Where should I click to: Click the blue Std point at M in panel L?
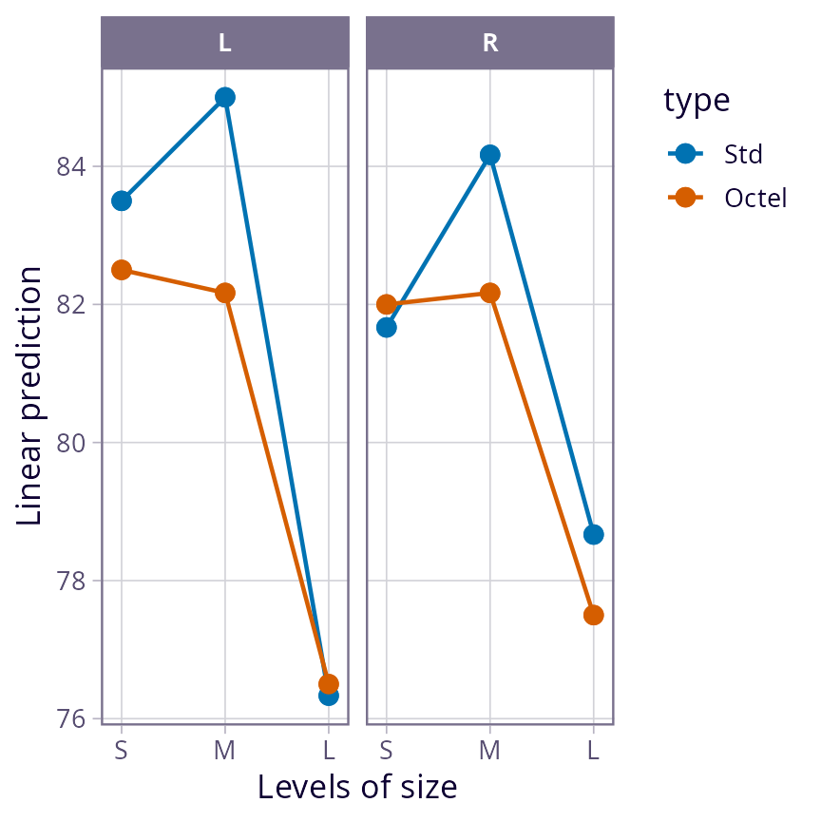[224, 97]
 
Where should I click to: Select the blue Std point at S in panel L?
[121, 201]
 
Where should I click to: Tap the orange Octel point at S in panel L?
[121, 270]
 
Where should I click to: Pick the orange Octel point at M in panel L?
[224, 293]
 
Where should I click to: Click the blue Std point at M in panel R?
[489, 155]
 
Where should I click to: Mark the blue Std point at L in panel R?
[593, 534]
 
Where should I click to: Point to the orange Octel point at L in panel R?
[593, 615]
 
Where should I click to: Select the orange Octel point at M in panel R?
[489, 293]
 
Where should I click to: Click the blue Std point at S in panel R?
[386, 327]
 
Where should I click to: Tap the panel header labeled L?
[224, 44]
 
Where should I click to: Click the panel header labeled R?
[489, 44]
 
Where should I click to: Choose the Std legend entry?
[743, 153]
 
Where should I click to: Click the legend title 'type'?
[697, 100]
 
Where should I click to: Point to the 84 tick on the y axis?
[72, 167]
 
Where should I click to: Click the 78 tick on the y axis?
[72, 581]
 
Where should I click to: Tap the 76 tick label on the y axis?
[72, 718]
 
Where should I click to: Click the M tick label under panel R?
[489, 751]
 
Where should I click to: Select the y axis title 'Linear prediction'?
[30, 396]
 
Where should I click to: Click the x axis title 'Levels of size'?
[357, 788]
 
